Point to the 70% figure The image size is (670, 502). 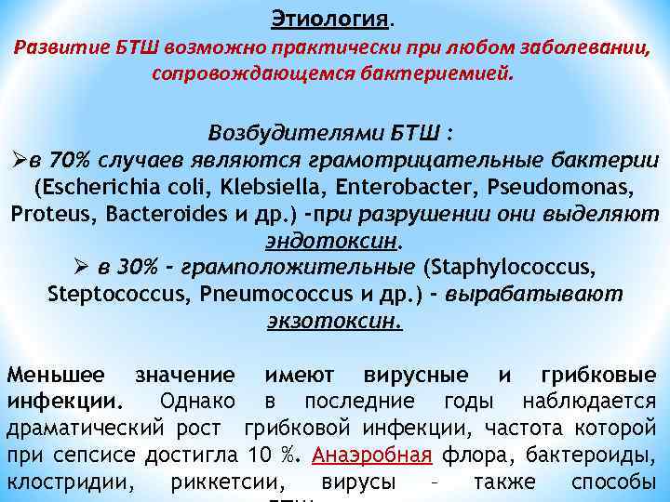tap(72, 159)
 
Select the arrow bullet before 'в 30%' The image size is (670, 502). tap(85, 268)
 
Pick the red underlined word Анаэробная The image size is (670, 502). tap(372, 456)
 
